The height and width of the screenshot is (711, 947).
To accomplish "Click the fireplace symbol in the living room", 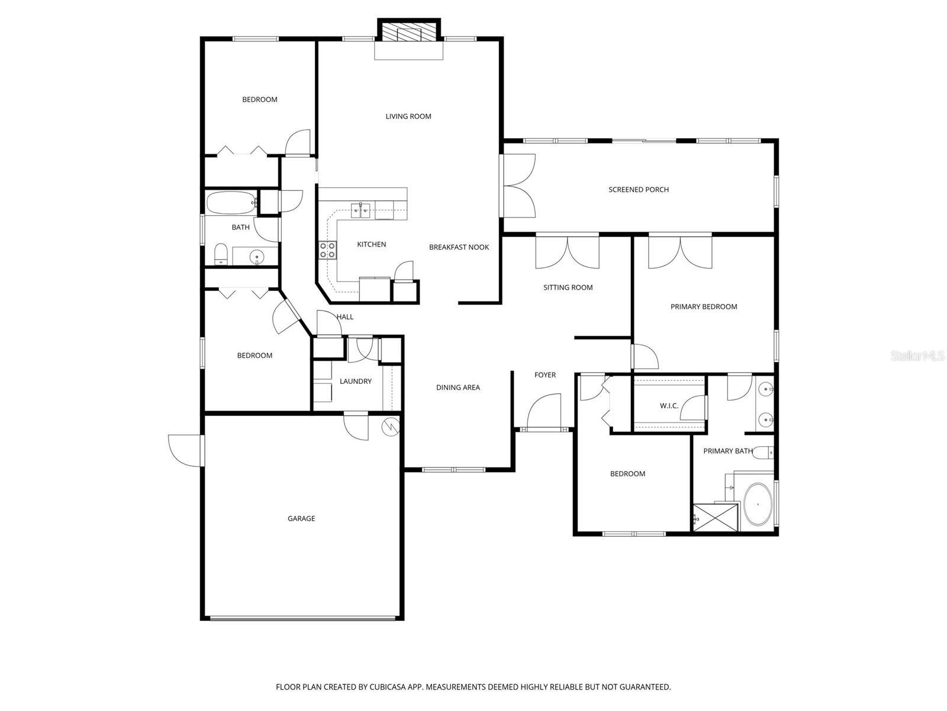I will pos(409,32).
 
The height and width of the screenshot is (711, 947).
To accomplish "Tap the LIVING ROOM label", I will pos(408,117).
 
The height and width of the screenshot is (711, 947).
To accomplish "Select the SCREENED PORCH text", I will pos(639,190).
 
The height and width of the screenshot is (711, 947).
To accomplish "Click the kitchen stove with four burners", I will pos(328,250).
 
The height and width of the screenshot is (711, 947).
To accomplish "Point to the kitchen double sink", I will pos(360,209).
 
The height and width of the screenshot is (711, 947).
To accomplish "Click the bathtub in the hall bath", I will pos(231,203).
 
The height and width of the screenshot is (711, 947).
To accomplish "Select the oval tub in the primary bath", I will pos(758,504).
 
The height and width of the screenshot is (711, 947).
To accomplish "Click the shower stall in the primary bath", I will pos(716,517).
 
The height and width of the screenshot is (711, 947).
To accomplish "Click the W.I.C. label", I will pos(669,406).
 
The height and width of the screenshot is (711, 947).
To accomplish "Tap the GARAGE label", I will pos(301,518).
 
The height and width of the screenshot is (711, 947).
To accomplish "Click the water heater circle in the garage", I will pos(391,426).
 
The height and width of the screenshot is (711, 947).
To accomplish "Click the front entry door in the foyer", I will pos(543,415).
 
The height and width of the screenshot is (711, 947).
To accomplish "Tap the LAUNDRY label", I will pos(356,382).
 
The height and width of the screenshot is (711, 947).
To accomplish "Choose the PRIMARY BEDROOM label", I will pos(704,307).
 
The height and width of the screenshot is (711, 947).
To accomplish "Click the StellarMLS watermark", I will pos(917,356).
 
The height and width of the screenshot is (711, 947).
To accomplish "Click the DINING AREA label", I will pos(458,387).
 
